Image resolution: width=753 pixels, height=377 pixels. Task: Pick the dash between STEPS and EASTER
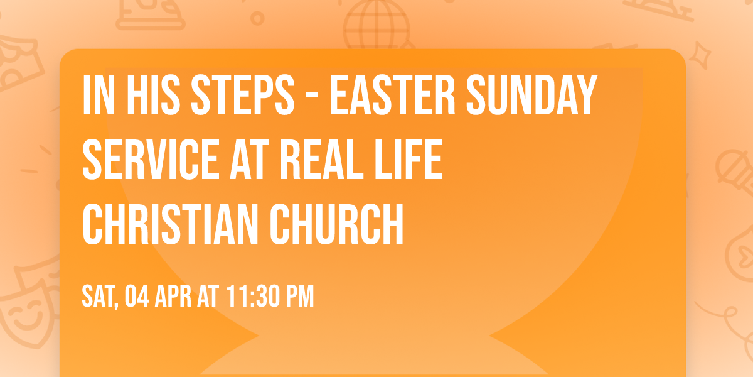[313, 97]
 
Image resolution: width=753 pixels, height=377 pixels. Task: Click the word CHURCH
[338, 226]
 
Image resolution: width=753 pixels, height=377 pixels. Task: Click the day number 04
[138, 297]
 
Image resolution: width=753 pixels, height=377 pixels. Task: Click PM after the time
[300, 297]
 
